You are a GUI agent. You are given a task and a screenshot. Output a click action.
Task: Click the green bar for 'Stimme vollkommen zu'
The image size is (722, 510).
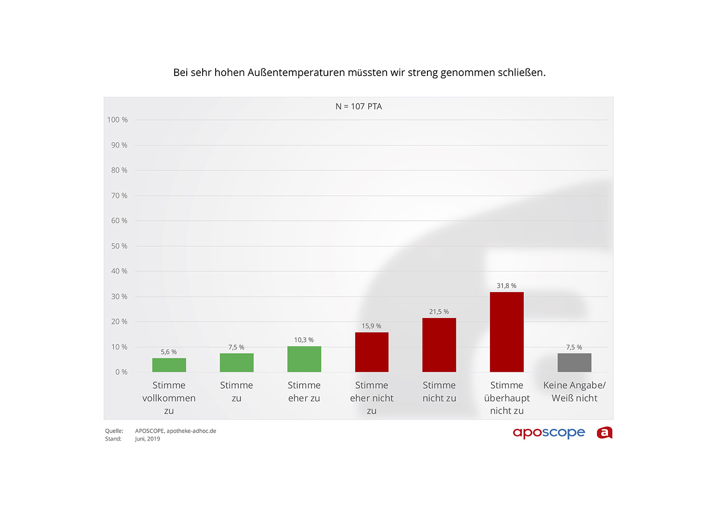click(169, 365)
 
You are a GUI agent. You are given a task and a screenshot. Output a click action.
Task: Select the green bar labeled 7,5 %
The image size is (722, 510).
click(236, 362)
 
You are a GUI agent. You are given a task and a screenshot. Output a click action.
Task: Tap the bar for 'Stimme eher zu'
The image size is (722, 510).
click(304, 359)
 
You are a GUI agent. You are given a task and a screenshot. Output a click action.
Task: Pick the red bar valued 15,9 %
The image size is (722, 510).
click(372, 352)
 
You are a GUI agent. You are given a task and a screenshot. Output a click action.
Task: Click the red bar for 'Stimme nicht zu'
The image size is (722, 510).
click(439, 344)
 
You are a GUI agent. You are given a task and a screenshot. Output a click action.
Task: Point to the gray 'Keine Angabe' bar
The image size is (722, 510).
click(574, 362)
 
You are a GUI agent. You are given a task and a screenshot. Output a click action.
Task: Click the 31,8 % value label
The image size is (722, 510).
click(506, 286)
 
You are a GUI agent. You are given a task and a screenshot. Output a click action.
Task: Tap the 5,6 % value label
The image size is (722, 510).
click(168, 352)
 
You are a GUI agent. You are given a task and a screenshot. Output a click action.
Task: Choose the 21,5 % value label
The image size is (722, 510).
click(439, 312)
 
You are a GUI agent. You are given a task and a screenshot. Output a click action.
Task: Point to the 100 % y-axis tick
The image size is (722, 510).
click(117, 120)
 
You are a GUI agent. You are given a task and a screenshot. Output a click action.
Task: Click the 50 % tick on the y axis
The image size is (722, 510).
click(119, 246)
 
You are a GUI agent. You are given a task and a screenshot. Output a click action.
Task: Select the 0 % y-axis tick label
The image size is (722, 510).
click(121, 372)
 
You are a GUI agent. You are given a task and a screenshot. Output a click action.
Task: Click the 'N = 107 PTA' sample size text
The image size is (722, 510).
click(359, 106)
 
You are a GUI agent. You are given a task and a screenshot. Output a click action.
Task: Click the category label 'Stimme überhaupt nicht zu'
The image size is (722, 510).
click(507, 398)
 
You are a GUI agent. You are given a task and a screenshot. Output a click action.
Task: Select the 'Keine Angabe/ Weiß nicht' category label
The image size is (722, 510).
click(574, 392)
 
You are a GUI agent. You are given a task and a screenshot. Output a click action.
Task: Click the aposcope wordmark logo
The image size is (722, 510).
click(549, 433)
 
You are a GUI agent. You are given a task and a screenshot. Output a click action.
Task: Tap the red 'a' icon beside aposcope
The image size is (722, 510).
click(605, 433)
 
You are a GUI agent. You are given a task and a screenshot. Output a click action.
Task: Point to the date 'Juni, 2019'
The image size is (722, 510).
click(147, 439)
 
